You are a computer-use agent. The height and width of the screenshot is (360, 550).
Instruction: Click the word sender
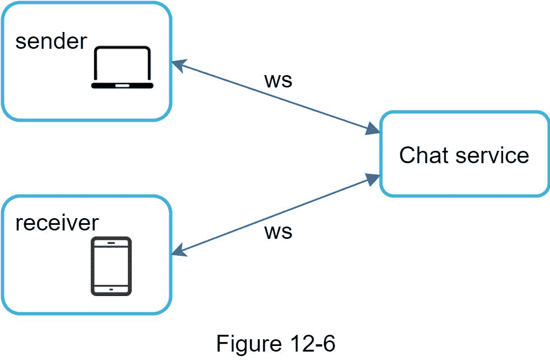tap(51, 41)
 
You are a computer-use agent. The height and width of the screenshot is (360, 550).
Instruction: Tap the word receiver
tap(57, 223)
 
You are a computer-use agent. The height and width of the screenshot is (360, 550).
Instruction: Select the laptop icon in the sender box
tap(122, 68)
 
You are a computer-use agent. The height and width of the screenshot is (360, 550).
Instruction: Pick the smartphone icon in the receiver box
tap(111, 266)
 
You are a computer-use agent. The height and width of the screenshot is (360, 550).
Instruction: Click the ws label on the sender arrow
tap(278, 80)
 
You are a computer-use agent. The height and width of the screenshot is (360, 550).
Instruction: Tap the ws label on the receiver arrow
tap(278, 231)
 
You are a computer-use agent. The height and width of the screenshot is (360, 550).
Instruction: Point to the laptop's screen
tap(122, 63)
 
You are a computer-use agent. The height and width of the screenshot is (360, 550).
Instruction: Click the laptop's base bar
tap(122, 86)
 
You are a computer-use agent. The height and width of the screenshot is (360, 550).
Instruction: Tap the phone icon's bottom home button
tap(111, 289)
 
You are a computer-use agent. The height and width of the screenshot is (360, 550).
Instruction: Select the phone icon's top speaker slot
tap(111, 243)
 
